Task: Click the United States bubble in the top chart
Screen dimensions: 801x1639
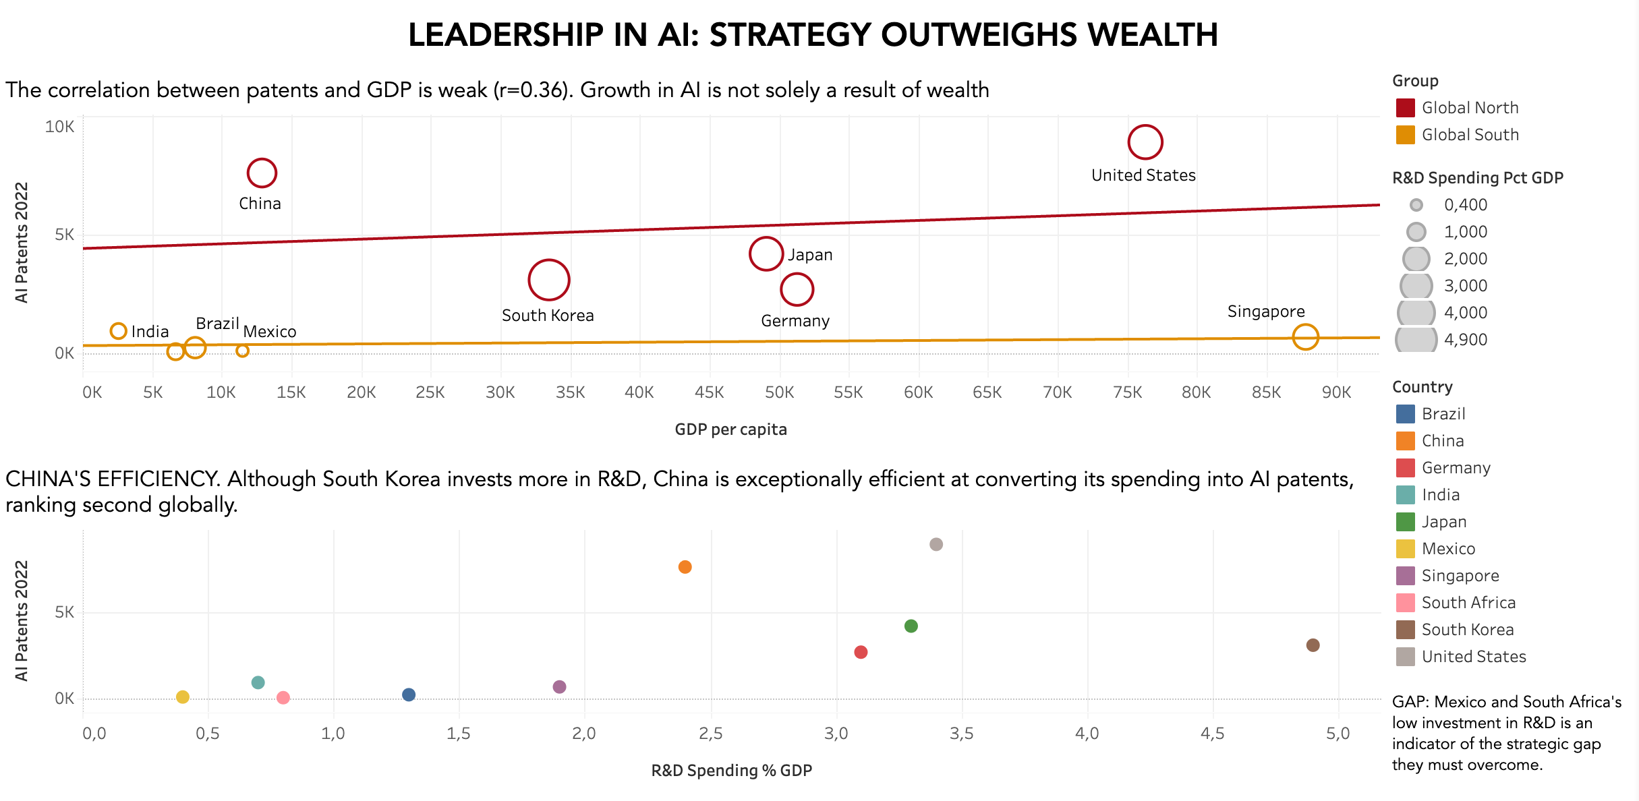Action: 1145,142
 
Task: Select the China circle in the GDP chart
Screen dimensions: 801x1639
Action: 262,173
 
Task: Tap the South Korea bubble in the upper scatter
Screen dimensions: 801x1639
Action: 549,280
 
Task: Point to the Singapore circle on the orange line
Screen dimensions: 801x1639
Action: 1305,336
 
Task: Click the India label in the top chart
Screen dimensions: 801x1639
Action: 150,332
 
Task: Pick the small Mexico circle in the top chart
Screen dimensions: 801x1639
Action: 242,351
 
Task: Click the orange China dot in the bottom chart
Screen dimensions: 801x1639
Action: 685,567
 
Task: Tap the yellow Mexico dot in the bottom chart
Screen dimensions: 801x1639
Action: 183,696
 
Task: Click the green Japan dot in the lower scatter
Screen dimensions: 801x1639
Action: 911,626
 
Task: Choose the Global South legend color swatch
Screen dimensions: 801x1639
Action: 1405,135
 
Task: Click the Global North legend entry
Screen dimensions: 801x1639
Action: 1470,108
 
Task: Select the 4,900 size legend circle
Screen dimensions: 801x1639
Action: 1416,339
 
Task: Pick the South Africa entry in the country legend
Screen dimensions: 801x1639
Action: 1468,603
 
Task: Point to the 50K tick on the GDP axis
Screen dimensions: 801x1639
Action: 779,392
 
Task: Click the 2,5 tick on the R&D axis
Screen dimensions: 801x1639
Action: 710,734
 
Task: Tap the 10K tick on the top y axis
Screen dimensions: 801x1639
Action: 59,127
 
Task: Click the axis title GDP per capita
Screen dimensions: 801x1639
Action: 730,429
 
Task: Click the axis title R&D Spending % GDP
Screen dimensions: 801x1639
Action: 731,771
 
